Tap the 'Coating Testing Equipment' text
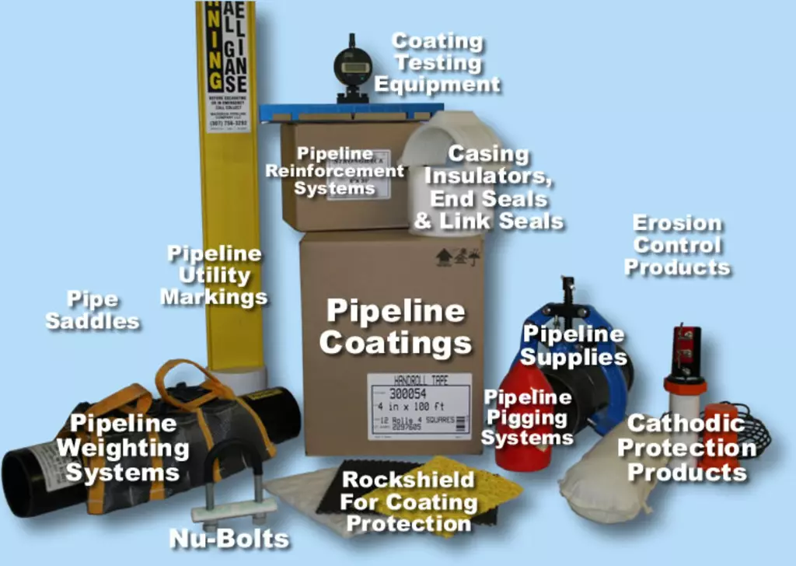(x=437, y=62)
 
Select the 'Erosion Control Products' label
(x=677, y=245)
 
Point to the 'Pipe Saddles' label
(x=93, y=309)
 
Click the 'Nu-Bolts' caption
(x=229, y=538)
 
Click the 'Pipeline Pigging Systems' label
(x=528, y=417)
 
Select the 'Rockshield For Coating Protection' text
(x=408, y=501)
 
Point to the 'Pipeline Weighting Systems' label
(x=122, y=448)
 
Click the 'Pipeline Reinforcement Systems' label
(x=335, y=170)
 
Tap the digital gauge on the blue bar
(x=353, y=68)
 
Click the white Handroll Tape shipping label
(x=419, y=406)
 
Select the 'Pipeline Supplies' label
(x=573, y=346)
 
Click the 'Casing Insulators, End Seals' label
(x=488, y=187)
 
